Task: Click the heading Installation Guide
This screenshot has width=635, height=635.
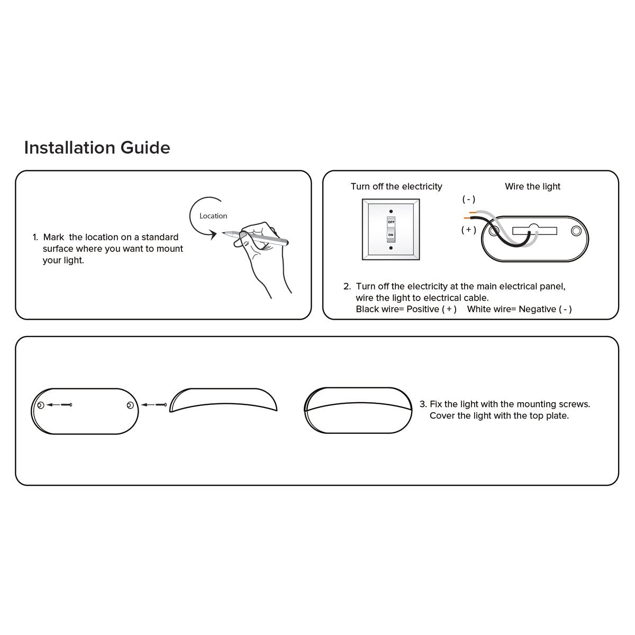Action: tap(97, 148)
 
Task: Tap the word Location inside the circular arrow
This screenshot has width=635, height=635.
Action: tap(213, 216)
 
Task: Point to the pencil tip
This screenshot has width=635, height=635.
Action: tap(223, 233)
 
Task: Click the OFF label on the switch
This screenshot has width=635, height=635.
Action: tap(391, 222)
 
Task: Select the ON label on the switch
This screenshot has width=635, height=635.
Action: tap(391, 235)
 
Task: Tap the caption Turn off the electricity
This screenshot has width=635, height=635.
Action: tap(396, 186)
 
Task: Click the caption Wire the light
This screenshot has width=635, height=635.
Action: tap(532, 186)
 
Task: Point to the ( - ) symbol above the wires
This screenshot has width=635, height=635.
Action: tap(469, 199)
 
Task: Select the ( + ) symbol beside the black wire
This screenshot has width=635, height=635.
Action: tap(469, 230)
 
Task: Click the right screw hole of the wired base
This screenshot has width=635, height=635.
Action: tap(576, 231)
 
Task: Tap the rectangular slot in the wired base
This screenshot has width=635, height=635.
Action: tap(534, 230)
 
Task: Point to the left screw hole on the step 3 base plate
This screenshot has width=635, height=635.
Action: tap(41, 405)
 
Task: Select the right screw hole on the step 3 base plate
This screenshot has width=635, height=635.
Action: tap(130, 405)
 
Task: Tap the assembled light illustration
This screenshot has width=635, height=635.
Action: tap(358, 411)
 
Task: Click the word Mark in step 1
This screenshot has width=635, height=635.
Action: tap(54, 237)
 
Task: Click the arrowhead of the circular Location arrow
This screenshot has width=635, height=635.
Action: tap(214, 234)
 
